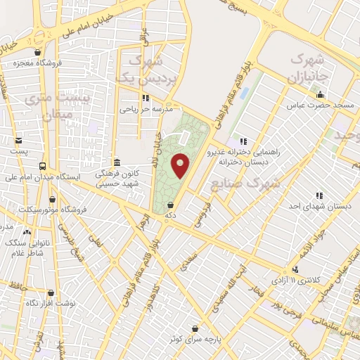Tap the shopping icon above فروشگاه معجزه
click(37, 52)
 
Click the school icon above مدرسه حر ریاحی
click(146, 98)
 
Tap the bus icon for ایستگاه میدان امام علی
click(44, 167)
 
